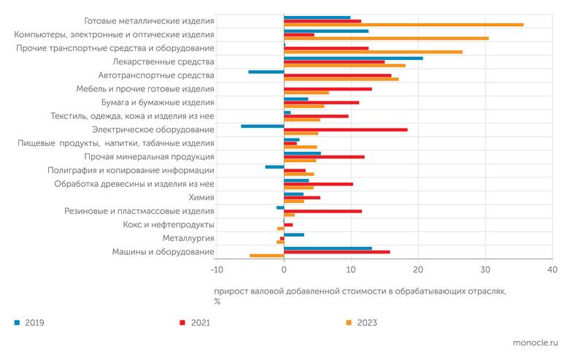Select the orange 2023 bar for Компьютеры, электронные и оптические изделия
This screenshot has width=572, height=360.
(386, 38)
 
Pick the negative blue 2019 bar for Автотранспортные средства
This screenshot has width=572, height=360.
(266, 72)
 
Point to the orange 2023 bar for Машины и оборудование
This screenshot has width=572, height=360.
(267, 256)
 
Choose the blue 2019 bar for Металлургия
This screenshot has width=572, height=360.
(294, 234)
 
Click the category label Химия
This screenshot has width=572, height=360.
(202, 197)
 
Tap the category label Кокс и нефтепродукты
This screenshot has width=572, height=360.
(169, 225)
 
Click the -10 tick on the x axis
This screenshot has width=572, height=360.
(217, 270)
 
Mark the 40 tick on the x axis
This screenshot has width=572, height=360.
(552, 270)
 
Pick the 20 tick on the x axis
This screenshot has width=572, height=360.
(418, 270)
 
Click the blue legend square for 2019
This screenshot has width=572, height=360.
(17, 322)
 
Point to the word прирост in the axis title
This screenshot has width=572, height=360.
(231, 291)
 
